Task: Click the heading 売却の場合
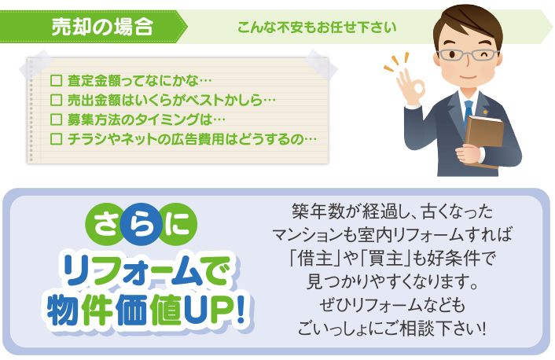point(102,27)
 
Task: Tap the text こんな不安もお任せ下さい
point(317,28)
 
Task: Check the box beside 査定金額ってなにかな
point(56,80)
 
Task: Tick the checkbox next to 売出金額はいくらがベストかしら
point(56,100)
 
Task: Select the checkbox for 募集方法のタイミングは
point(56,119)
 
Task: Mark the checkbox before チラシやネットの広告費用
point(56,138)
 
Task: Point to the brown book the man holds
point(484,138)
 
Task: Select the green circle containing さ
point(106,225)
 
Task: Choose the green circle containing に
point(177,225)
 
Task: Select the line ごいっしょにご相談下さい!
point(391,328)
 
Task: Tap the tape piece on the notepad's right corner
point(320,64)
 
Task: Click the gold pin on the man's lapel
point(485,112)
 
